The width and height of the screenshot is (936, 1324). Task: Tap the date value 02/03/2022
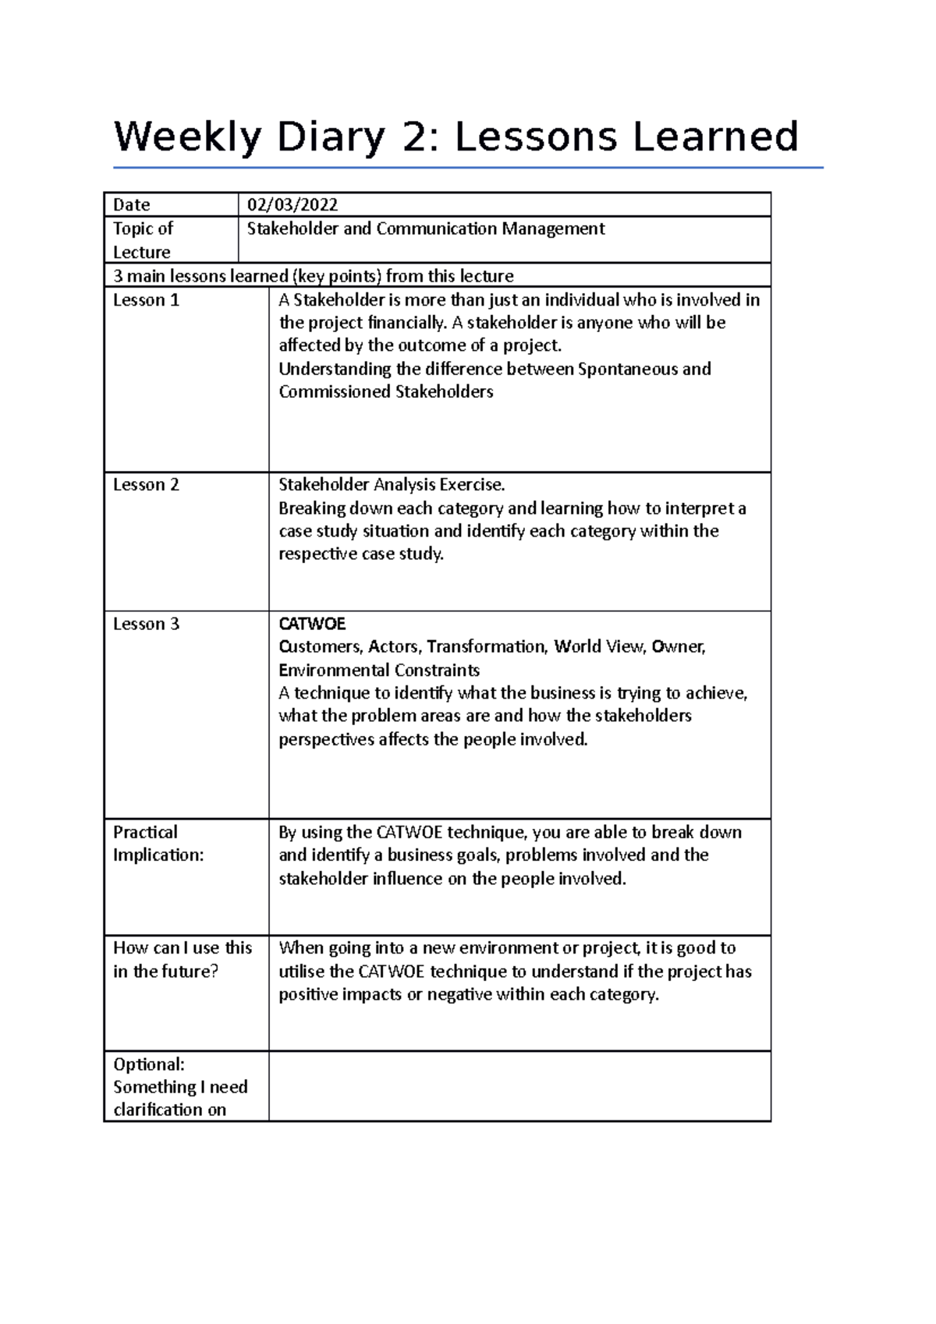292,205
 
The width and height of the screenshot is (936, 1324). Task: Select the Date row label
131,205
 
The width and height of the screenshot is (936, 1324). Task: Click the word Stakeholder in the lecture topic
293,229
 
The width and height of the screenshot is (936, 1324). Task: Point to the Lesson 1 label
146,300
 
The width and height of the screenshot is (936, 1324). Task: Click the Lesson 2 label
146,485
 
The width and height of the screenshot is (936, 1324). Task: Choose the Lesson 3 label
146,624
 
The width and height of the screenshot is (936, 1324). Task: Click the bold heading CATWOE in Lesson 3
312,624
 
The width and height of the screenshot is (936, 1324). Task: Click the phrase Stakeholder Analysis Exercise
392,485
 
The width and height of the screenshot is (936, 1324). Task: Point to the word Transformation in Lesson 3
487,646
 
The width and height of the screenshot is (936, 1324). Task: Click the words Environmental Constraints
379,671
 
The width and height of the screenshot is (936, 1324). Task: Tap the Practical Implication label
158,844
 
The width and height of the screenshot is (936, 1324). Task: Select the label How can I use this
183,948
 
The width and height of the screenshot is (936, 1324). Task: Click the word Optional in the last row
148,1064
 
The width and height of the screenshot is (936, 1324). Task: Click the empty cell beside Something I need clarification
519,1087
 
